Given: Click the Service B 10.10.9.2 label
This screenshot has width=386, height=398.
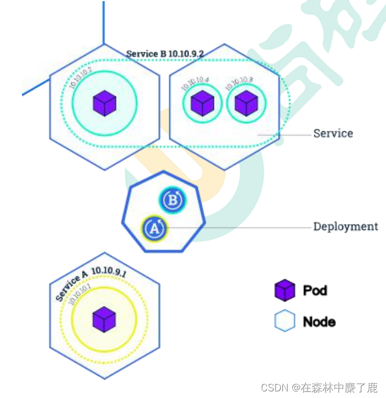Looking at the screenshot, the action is coord(165,53).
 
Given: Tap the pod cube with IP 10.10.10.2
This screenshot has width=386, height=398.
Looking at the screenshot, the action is coord(104,103).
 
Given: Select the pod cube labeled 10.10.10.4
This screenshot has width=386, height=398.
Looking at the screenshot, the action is coord(202,103).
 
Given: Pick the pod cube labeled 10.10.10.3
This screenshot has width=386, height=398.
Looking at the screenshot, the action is coord(246,103).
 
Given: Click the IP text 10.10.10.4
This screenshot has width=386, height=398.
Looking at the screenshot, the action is coord(195,83).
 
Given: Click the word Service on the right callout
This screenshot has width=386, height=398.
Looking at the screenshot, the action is coord(333,133).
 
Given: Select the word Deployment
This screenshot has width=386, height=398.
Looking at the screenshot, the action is coord(346,227).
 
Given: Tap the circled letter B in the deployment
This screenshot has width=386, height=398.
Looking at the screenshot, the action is coord(173,200).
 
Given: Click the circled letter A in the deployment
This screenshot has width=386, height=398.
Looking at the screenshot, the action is coord(154,228).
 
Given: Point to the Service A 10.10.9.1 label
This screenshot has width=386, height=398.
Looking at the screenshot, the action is coord(91,281).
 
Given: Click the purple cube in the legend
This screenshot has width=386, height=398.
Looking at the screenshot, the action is coord(285,291).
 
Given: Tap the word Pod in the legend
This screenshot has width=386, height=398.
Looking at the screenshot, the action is coord(315,290).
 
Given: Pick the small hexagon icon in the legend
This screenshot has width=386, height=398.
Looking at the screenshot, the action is coord(285,321).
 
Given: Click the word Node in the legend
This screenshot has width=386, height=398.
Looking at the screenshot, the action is coord(319,321).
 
